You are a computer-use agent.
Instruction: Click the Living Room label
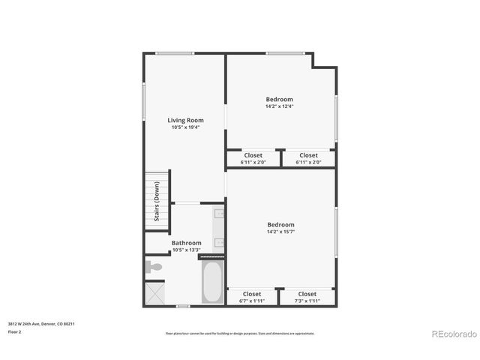point(184,120)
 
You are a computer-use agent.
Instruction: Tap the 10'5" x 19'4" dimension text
point(184,127)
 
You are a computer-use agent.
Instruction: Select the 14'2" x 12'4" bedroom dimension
point(279,106)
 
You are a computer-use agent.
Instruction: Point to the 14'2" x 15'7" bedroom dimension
point(280,232)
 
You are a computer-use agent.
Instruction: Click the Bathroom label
point(186,243)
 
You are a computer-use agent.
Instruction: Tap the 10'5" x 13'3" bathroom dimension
point(186,250)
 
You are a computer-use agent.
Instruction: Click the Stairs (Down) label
point(157,202)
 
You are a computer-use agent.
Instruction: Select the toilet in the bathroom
point(154,266)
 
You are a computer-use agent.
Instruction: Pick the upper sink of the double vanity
point(218,214)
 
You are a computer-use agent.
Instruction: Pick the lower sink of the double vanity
point(218,241)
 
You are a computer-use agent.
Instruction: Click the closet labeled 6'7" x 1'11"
point(251,297)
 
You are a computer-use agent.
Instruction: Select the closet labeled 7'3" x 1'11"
point(307,297)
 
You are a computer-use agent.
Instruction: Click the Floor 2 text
point(15,331)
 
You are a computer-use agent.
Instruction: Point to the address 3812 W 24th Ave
point(40,324)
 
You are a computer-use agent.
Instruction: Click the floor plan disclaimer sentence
point(239,333)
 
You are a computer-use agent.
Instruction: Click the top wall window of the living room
point(175,52)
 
